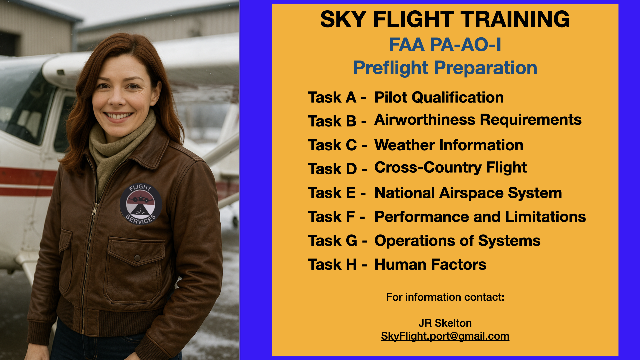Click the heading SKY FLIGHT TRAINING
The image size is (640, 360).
(445, 19)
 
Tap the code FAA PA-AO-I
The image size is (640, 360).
(445, 45)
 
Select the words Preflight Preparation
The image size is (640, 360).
(445, 68)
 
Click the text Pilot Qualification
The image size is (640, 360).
(439, 97)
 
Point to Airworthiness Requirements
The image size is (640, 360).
(478, 120)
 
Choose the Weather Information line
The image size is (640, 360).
(449, 145)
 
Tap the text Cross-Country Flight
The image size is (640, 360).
(450, 167)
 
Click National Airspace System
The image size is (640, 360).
(468, 193)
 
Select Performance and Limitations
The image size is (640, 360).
(480, 217)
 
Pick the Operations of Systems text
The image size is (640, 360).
(457, 241)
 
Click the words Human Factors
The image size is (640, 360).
(430, 265)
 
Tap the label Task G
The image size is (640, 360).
(332, 241)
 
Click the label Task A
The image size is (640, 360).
(332, 97)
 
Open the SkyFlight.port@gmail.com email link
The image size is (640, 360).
(445, 336)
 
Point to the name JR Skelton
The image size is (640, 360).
(445, 323)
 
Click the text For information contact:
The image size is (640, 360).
(445, 297)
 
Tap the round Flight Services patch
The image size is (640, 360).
(141, 204)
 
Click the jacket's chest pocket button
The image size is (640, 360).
(137, 258)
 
